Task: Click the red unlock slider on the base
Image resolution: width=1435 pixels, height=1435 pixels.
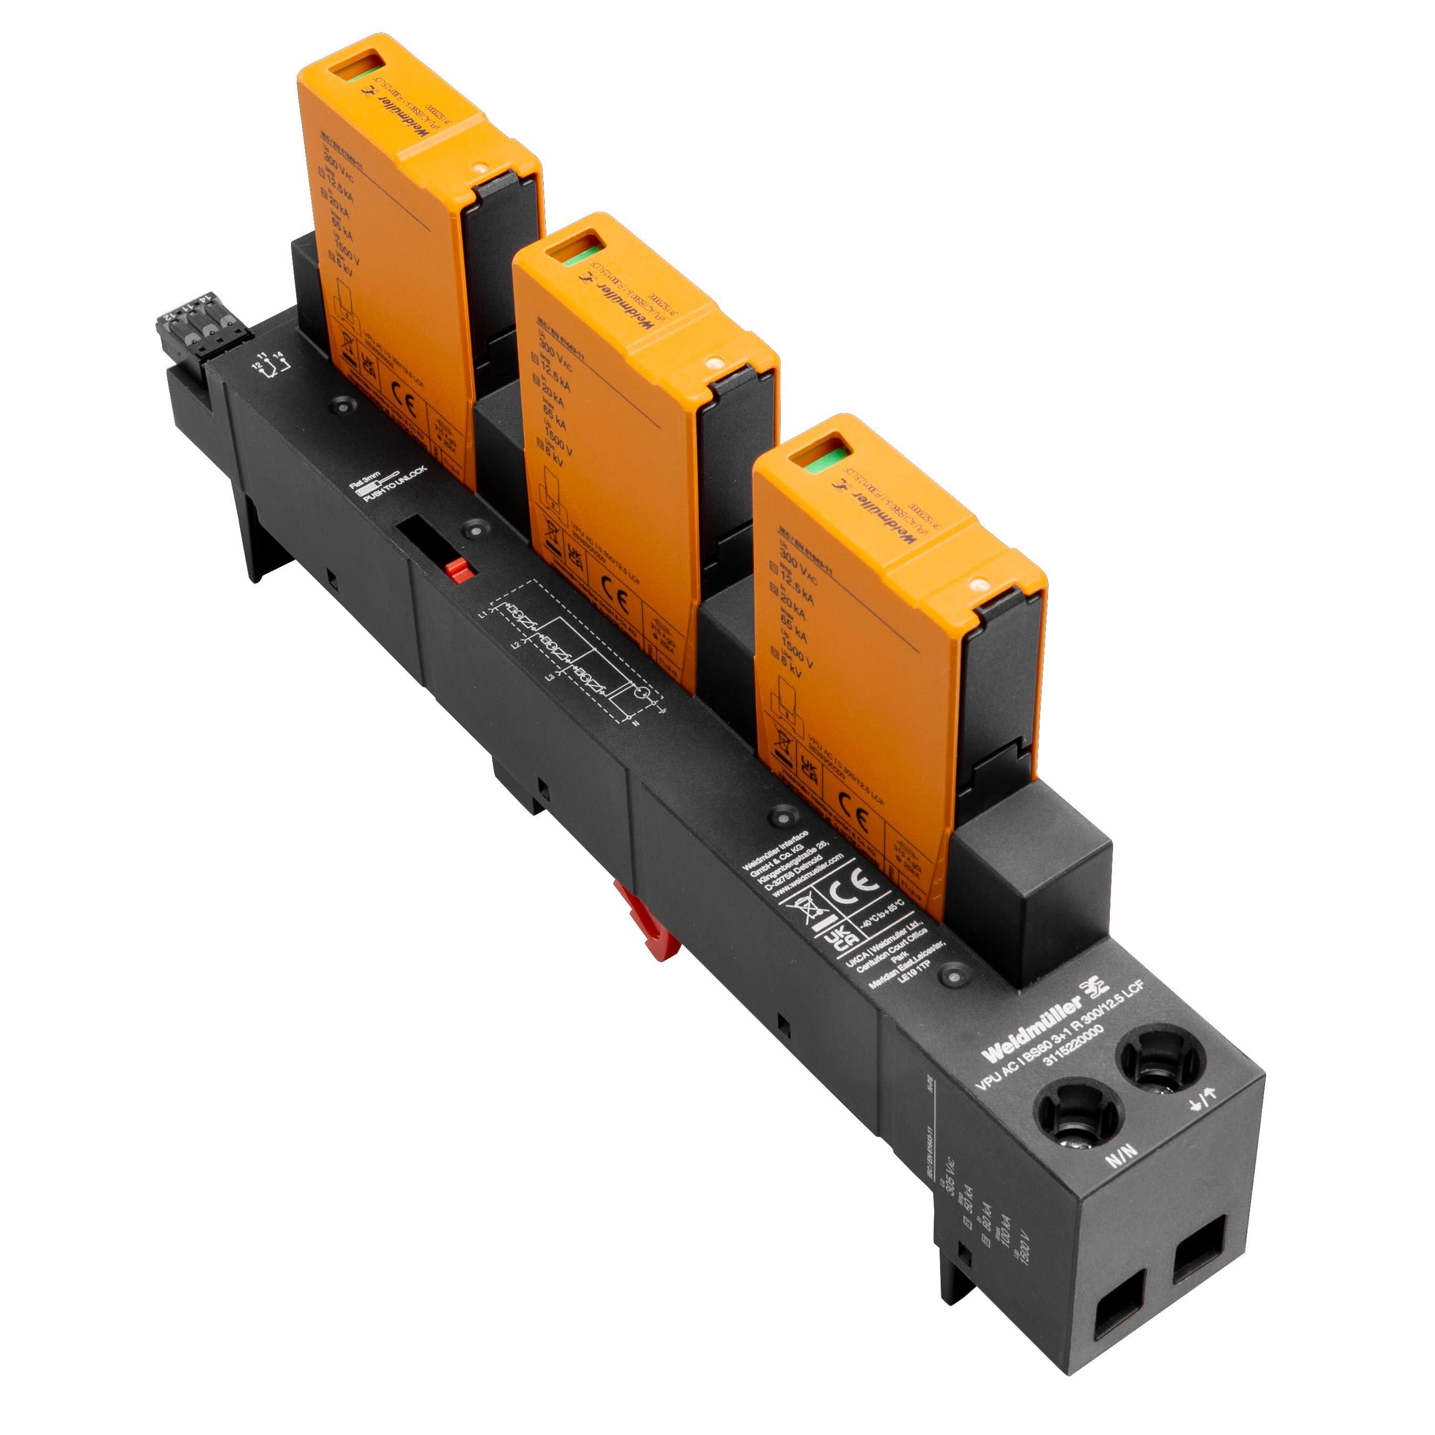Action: pyautogui.click(x=459, y=570)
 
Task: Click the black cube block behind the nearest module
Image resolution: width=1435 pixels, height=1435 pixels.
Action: pyautogui.click(x=1029, y=899)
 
